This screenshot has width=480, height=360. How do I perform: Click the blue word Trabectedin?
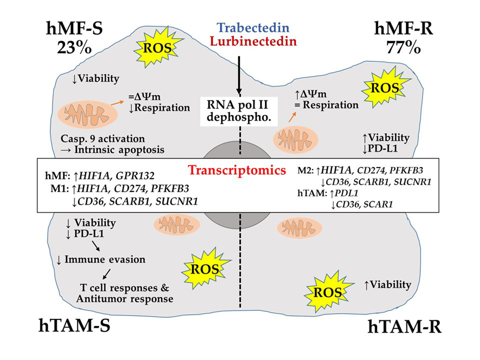click(x=253, y=28)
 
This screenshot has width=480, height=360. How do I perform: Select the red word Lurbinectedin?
click(x=253, y=42)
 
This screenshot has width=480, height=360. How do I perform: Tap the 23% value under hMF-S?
click(x=74, y=48)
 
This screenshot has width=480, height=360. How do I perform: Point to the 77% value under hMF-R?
click(x=403, y=48)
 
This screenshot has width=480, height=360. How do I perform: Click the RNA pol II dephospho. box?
click(x=239, y=111)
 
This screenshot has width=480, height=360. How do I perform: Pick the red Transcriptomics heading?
click(x=237, y=170)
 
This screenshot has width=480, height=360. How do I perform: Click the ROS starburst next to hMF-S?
click(x=157, y=48)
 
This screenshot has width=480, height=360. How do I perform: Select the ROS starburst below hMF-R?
click(x=385, y=88)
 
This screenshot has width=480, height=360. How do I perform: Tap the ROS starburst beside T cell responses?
click(x=205, y=269)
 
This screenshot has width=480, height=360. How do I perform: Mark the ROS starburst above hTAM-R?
click(x=328, y=292)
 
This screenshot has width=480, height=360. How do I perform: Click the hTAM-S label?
click(x=74, y=326)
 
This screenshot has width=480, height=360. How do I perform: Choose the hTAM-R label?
click(x=404, y=327)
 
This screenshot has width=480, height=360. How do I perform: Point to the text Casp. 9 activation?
click(x=103, y=139)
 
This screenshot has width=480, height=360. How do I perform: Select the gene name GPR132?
click(x=135, y=176)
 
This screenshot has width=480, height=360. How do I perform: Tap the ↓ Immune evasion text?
click(x=101, y=260)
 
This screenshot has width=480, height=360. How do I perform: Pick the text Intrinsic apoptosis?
click(x=119, y=150)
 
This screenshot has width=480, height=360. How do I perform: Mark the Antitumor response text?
click(x=125, y=299)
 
